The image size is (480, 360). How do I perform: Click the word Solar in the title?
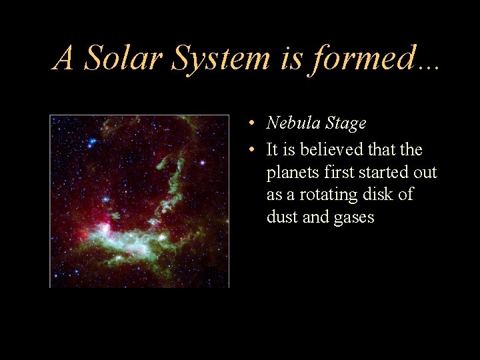pos(123,58)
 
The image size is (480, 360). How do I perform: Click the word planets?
pos(290,173)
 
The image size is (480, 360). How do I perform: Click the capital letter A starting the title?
pos(64,58)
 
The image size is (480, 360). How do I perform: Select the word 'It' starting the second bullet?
pos(272,150)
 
